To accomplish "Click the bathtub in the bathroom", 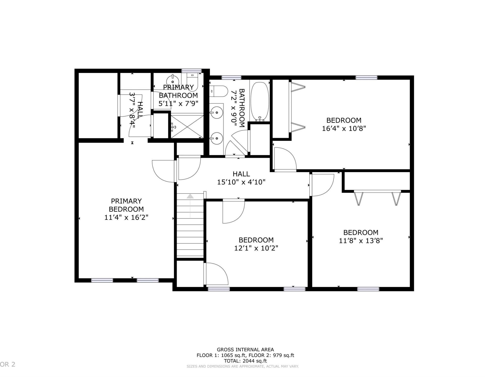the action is point(259,102).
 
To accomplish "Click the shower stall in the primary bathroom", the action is point(187,127).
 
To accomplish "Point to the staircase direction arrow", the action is point(190,206).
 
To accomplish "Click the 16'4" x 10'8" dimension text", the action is point(344,128).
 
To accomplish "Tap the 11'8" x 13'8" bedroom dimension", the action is point(361,241).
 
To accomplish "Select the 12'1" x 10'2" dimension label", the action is point(256,248).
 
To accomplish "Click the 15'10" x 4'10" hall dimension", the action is point(241,182).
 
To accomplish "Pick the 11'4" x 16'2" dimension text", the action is point(126,217).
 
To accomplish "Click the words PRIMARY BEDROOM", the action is point(126,205).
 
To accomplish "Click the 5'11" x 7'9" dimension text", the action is point(178,103).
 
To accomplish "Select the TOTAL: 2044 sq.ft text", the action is point(245,361).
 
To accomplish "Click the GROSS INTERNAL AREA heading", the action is point(245,350).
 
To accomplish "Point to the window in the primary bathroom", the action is point(192,71).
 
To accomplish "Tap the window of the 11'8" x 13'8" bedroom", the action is point(368,289).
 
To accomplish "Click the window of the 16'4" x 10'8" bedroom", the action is point(367,77).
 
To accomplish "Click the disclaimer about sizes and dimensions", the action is point(243,367).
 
